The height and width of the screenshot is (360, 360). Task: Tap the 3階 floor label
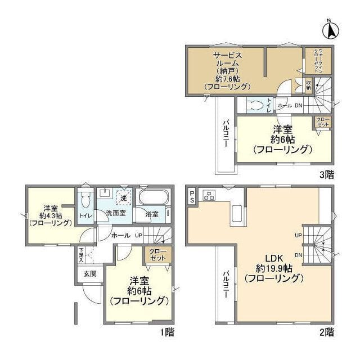(326, 174)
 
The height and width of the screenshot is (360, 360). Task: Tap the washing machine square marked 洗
(123, 198)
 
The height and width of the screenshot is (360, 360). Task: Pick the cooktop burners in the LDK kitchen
(209, 196)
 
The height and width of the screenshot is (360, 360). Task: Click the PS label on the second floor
(192, 196)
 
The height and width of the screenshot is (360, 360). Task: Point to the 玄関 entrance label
(89, 274)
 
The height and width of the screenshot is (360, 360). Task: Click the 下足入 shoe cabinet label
(82, 255)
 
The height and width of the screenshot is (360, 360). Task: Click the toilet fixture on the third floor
(255, 105)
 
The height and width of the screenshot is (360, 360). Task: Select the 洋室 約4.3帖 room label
(49, 214)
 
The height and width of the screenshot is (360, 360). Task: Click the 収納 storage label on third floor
(309, 85)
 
